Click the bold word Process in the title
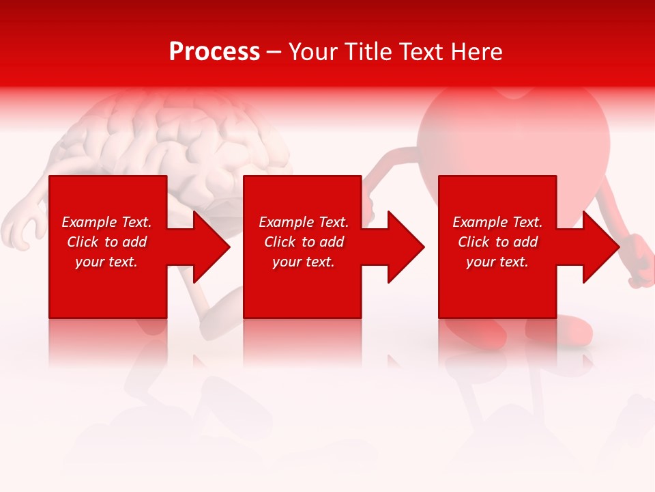214,52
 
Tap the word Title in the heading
367,52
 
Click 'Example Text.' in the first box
106,222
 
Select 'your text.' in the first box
106,262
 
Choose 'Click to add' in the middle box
304,242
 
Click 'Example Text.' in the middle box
304,222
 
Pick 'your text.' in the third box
497,262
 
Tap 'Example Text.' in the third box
497,222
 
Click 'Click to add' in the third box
497,242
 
